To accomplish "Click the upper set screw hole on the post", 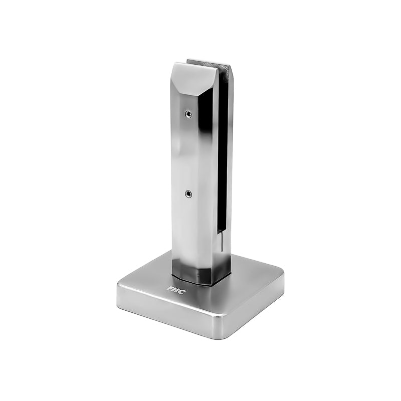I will (188, 114).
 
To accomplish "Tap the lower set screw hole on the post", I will (187, 193).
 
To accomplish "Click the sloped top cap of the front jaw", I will (193, 75).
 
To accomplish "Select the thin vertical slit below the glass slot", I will (220, 243).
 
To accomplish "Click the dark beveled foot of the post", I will (200, 276).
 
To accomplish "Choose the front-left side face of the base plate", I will (165, 313).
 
